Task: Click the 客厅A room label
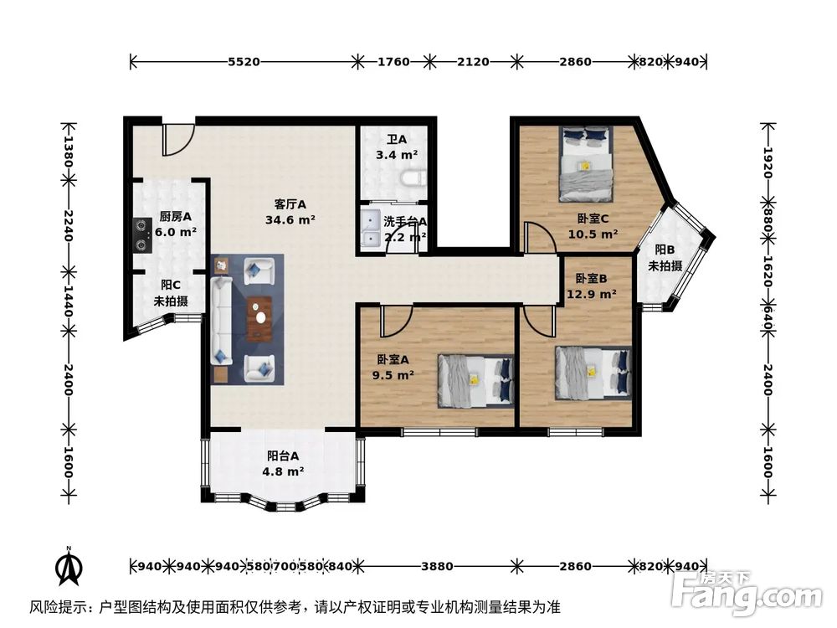tap(290, 203)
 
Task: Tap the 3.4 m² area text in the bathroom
tap(397, 155)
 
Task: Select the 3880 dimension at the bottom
tap(437, 566)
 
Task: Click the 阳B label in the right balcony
tap(665, 250)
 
